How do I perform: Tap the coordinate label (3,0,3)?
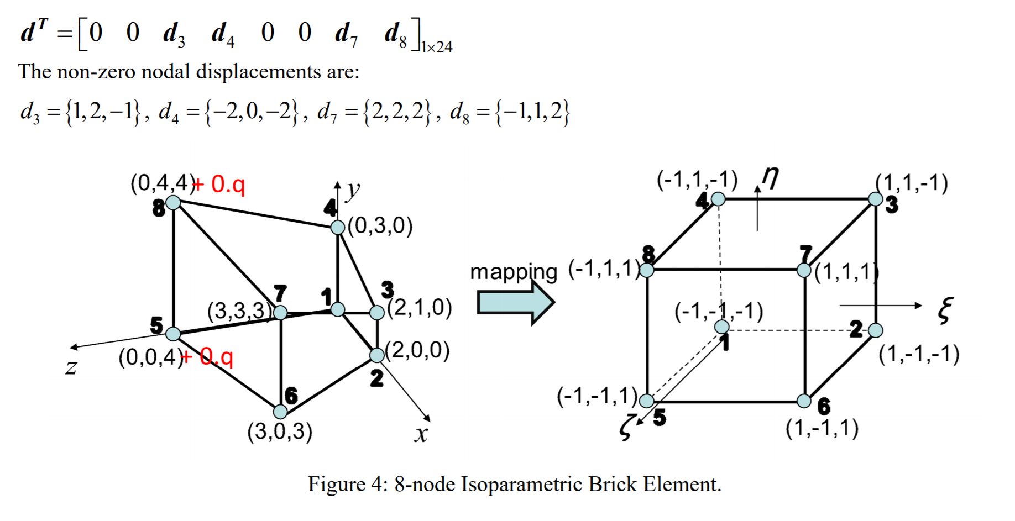click(280, 431)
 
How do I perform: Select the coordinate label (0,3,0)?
click(380, 225)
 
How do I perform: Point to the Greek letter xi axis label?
click(945, 310)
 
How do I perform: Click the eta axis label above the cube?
click(770, 178)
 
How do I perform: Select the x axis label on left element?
click(421, 434)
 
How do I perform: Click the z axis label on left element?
click(71, 366)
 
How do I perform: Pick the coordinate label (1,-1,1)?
click(822, 428)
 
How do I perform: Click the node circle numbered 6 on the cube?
click(804, 401)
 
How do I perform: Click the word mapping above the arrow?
click(514, 272)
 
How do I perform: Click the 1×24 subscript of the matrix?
click(437, 48)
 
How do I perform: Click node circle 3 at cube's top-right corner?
click(875, 199)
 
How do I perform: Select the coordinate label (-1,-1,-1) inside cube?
click(719, 311)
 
